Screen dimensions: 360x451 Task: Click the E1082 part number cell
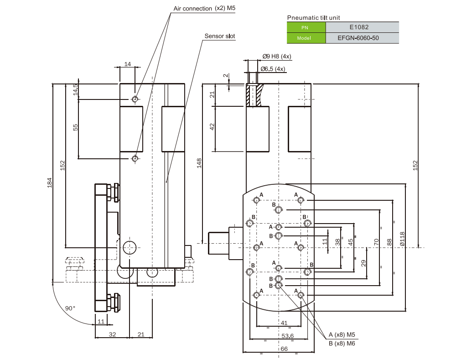click(x=363, y=27)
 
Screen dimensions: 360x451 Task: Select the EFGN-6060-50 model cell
click(x=363, y=38)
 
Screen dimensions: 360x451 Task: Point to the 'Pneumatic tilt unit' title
click(x=314, y=17)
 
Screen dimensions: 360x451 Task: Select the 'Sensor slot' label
click(x=220, y=36)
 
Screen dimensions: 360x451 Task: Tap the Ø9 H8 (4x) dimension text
click(x=277, y=57)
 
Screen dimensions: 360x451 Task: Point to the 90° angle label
click(x=70, y=308)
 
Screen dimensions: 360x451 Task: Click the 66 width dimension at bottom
click(x=283, y=349)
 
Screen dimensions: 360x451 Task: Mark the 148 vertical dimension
click(x=199, y=163)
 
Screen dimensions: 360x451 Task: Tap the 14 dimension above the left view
click(x=127, y=64)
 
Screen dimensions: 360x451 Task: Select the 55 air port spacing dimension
click(x=76, y=127)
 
